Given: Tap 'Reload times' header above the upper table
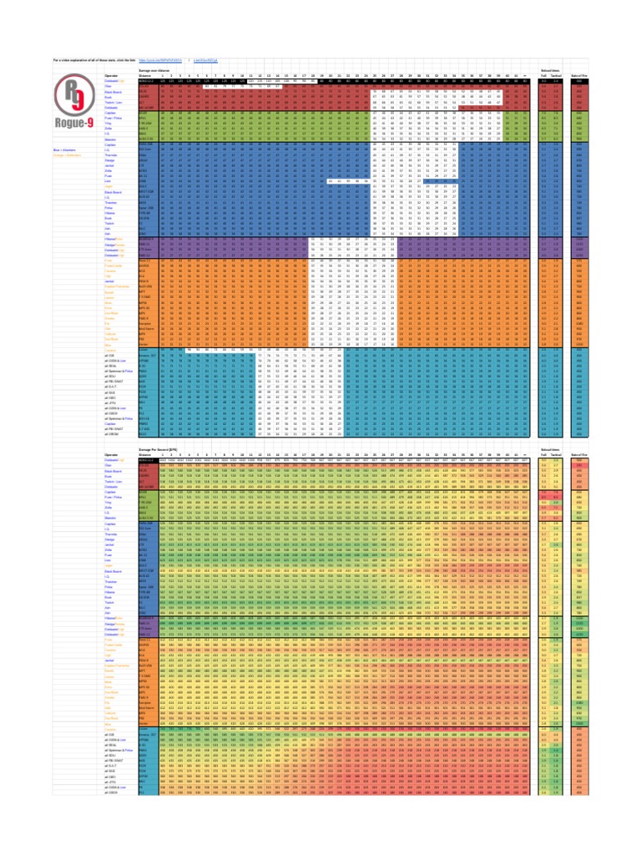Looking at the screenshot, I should click(x=552, y=71).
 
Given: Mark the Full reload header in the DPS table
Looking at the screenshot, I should click(x=544, y=453).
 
